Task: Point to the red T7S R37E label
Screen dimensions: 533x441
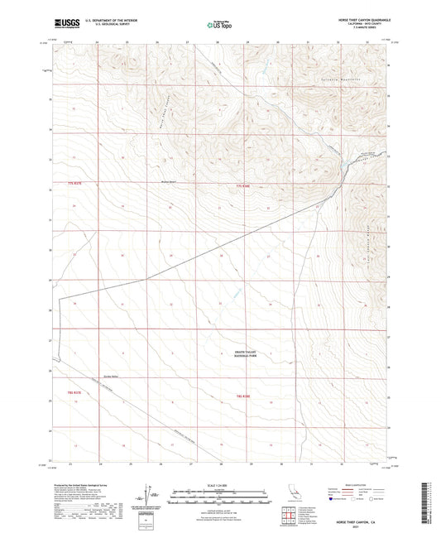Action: [x=75, y=183]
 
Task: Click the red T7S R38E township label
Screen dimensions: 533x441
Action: [x=242, y=183]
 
